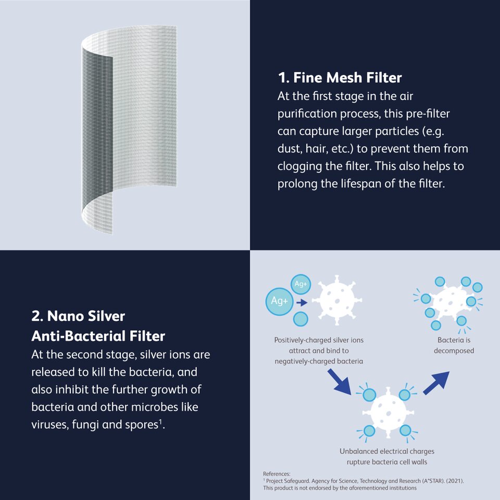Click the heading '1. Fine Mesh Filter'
[x=340, y=78]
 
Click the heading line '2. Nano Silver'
[x=78, y=316]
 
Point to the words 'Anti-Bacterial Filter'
[x=98, y=336]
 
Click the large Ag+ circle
[x=279, y=302]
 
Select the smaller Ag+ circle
[x=301, y=284]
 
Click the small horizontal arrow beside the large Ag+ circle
[x=302, y=302]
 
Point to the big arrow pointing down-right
[x=340, y=382]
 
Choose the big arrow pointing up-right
[x=436, y=383]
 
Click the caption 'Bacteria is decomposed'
[x=454, y=345]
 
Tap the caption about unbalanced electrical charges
[x=387, y=456]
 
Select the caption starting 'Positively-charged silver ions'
[x=319, y=351]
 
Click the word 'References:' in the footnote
[x=277, y=474]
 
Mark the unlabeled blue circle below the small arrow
[x=301, y=319]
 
